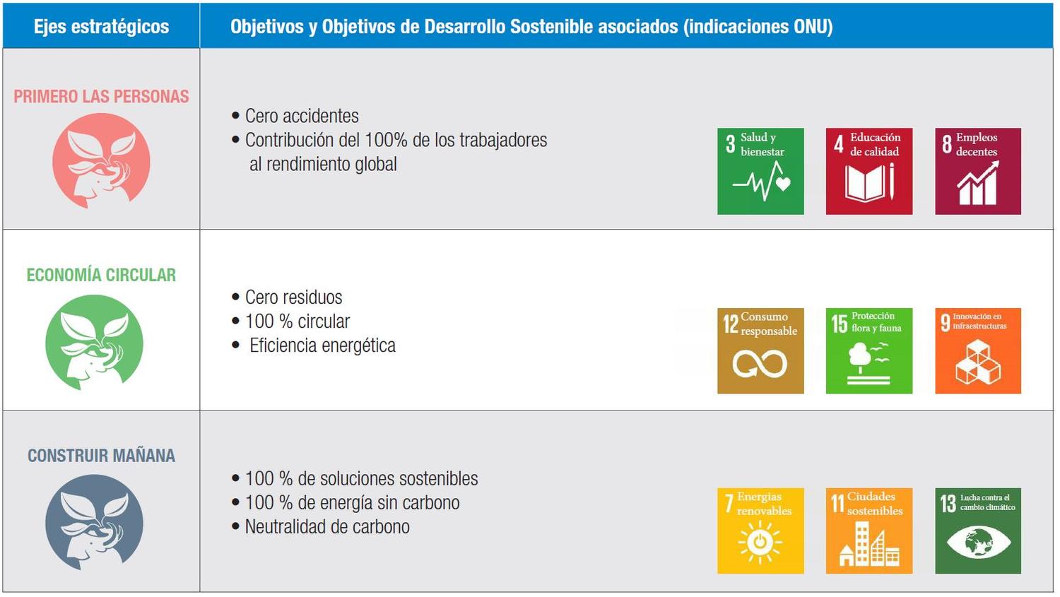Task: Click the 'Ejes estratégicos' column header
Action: (101, 26)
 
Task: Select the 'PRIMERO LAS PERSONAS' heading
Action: (101, 97)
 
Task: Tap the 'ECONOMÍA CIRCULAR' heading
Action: (101, 275)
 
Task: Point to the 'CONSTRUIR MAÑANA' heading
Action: (101, 456)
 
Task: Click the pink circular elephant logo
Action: (101, 161)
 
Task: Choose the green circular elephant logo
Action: (94, 343)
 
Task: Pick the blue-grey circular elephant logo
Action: (94, 523)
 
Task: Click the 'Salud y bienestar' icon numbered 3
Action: (760, 171)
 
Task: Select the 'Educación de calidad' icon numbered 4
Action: (869, 171)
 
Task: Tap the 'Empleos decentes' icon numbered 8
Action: (978, 171)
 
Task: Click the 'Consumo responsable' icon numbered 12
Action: (760, 351)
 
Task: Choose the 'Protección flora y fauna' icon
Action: (869, 351)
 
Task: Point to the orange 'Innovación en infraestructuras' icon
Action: (978, 351)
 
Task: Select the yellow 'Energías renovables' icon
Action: (760, 531)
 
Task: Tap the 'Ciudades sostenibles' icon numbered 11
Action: (869, 531)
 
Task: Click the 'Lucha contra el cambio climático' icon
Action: (978, 531)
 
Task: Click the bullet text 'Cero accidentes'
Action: (302, 116)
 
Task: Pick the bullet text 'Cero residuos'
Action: (293, 297)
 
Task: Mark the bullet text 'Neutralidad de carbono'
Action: (327, 526)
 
